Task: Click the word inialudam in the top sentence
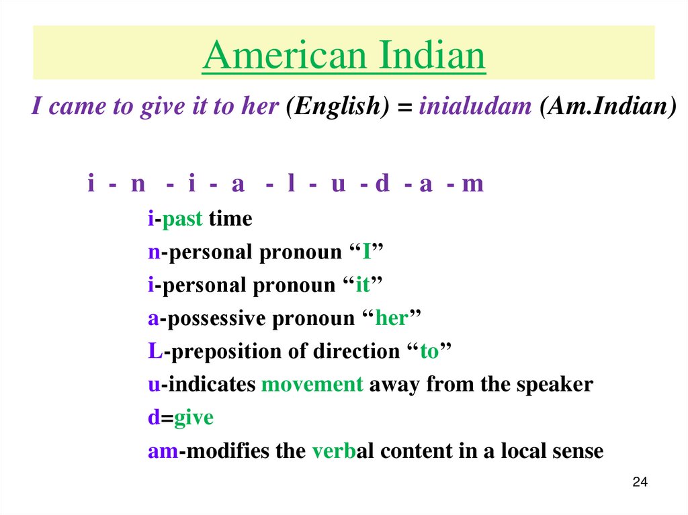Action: pyautogui.click(x=475, y=107)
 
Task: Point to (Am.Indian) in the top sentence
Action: pyautogui.click(x=607, y=107)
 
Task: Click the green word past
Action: pyautogui.click(x=182, y=220)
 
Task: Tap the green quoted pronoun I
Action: pyautogui.click(x=367, y=252)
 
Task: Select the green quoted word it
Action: pyautogui.click(x=362, y=285)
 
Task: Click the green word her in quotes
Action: pyautogui.click(x=391, y=318)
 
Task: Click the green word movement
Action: pyautogui.click(x=312, y=385)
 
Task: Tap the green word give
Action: pyautogui.click(x=193, y=418)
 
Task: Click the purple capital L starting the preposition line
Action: pyautogui.click(x=153, y=351)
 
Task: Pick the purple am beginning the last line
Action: pyautogui.click(x=162, y=451)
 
